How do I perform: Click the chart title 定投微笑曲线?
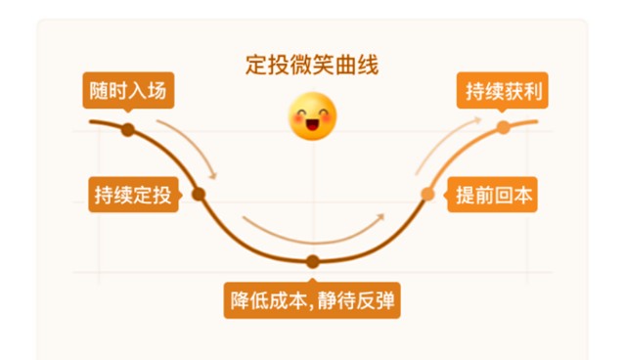pos(312,65)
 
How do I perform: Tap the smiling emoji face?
pos(312,116)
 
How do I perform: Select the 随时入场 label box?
pos(128,90)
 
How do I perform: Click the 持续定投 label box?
pos(133,195)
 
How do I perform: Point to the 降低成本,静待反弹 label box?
pos(312,300)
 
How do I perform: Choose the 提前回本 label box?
pos(492,195)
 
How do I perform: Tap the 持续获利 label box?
pos(502,90)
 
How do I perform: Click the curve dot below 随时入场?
pos(128,130)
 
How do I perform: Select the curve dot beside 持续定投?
pos(199,195)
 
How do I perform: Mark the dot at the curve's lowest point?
pos(313,262)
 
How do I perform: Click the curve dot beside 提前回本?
pos(427,195)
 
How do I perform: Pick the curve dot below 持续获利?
pos(503,127)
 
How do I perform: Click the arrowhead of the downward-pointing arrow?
pos(213,176)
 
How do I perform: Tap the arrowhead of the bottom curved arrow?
pos(380,217)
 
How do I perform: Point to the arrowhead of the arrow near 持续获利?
pos(477,119)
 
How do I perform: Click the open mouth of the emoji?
pos(312,125)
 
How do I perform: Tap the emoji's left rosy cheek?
pos(297,117)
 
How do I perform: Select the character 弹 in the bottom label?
pos(385,300)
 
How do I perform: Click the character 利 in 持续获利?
pos(532,91)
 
